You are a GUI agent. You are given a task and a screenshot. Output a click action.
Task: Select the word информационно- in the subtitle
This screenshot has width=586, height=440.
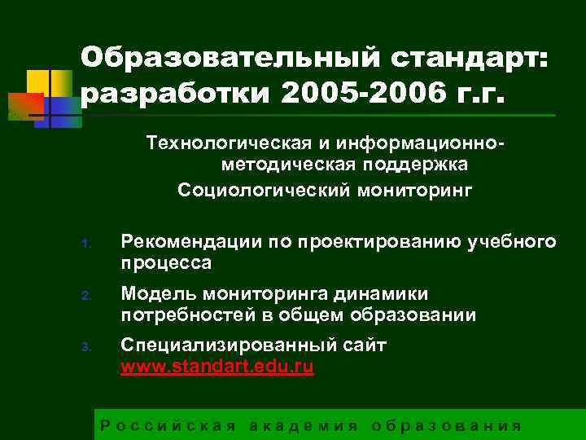point(435,144)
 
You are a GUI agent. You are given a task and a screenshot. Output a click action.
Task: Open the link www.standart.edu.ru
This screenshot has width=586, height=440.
point(216,367)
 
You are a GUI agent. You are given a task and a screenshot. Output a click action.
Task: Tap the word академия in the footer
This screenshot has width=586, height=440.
point(303,425)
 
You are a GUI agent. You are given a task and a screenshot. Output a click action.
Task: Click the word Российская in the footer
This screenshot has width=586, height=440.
point(168,425)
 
